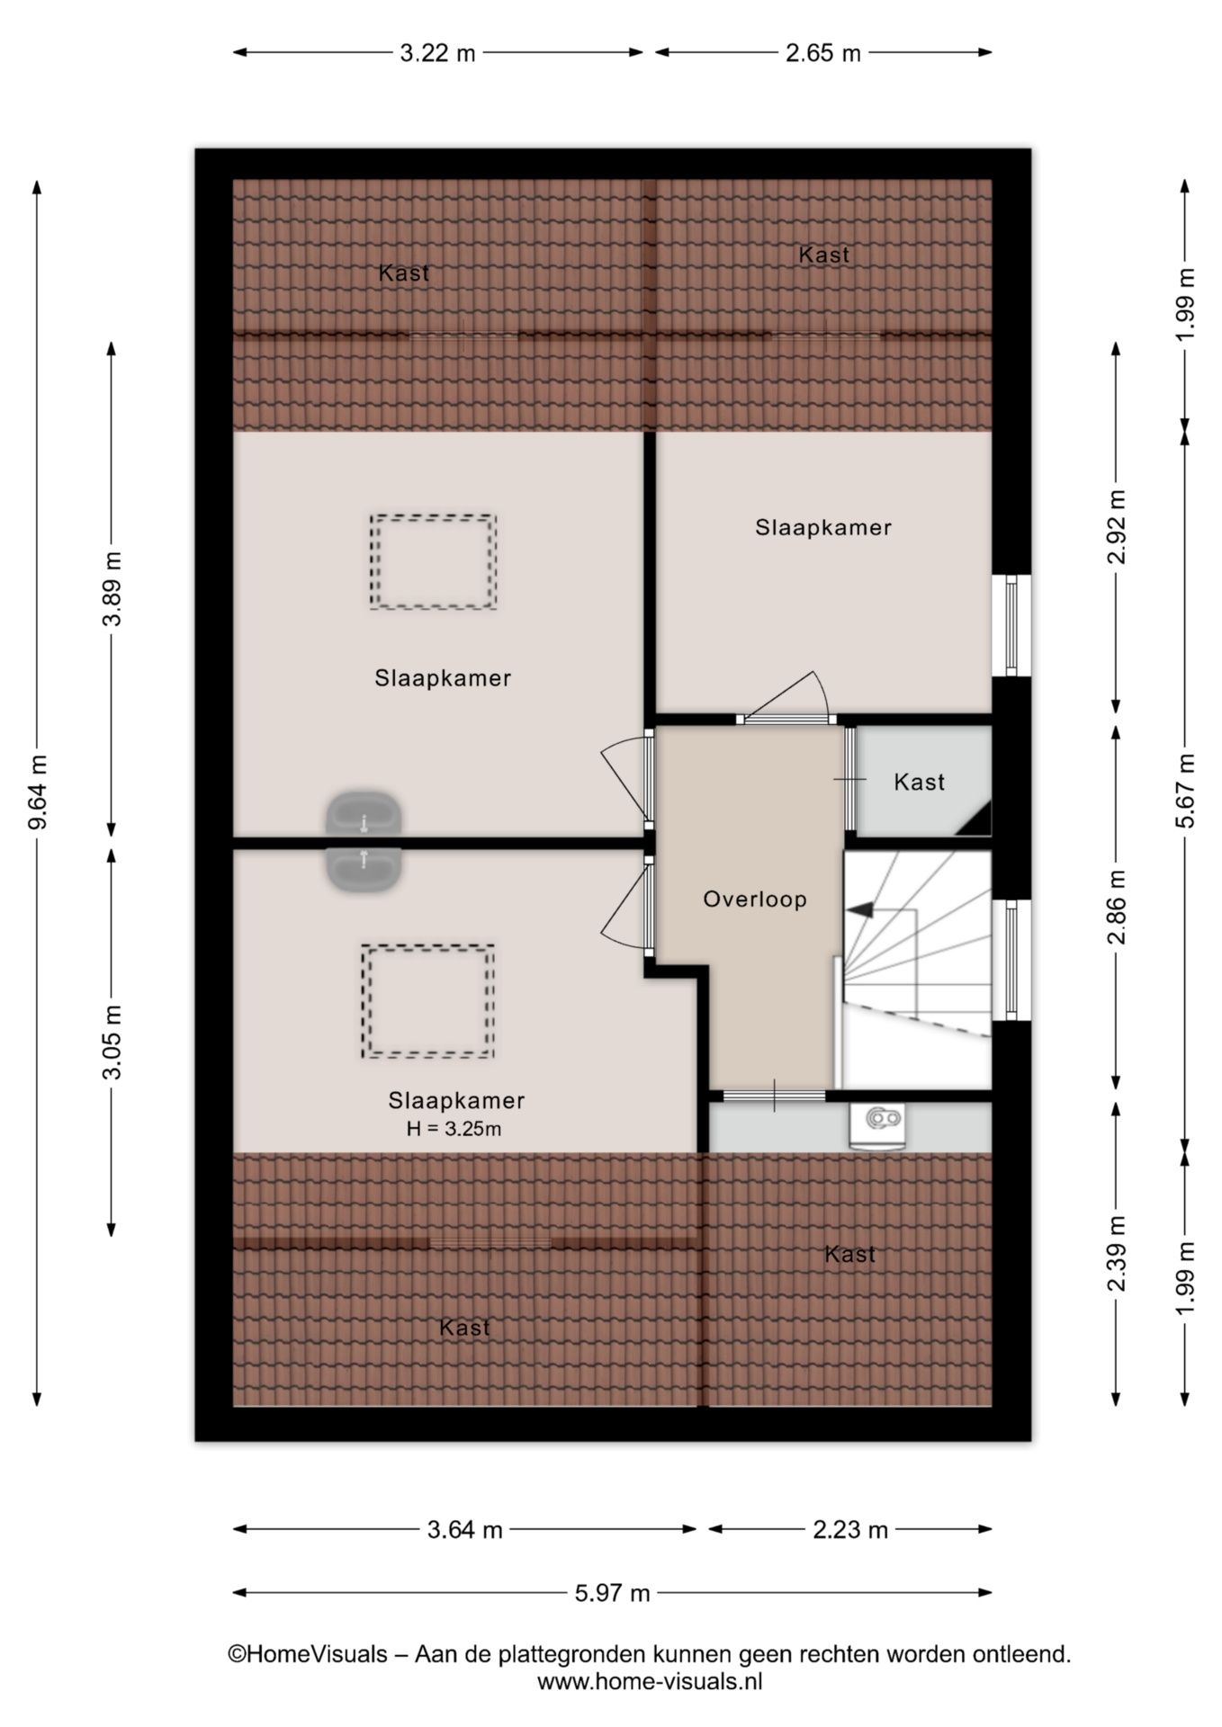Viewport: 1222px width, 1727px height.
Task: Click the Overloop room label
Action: click(754, 899)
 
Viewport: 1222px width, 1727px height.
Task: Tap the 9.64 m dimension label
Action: click(37, 793)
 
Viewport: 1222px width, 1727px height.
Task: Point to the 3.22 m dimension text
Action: click(437, 53)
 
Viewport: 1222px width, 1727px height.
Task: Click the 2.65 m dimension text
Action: click(822, 53)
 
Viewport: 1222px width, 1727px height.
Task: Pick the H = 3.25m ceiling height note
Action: click(454, 1128)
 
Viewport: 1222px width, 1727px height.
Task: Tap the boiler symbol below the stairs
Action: click(877, 1125)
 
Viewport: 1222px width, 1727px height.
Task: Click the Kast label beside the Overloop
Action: click(919, 782)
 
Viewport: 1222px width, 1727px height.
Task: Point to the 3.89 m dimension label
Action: click(112, 588)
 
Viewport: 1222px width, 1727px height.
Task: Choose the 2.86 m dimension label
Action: click(1116, 908)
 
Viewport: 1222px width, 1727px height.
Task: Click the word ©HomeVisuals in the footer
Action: click(308, 1654)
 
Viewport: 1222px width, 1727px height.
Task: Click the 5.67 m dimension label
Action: click(1185, 791)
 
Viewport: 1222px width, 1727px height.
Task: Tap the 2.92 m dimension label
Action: click(1116, 526)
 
